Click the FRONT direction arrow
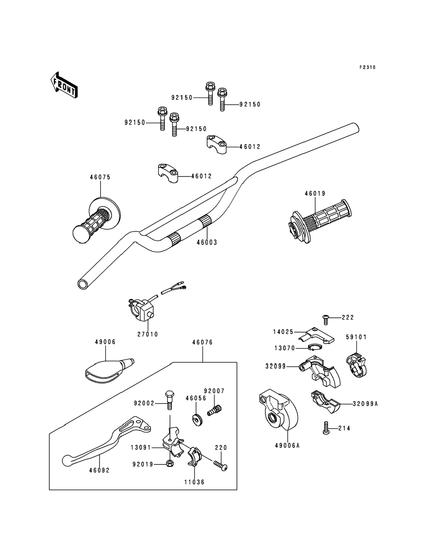point(64,85)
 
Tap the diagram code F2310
point(368,68)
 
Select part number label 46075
point(100,177)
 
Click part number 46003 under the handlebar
point(207,243)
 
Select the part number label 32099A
point(365,404)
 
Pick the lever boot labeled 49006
point(109,372)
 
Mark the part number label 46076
point(202,342)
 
